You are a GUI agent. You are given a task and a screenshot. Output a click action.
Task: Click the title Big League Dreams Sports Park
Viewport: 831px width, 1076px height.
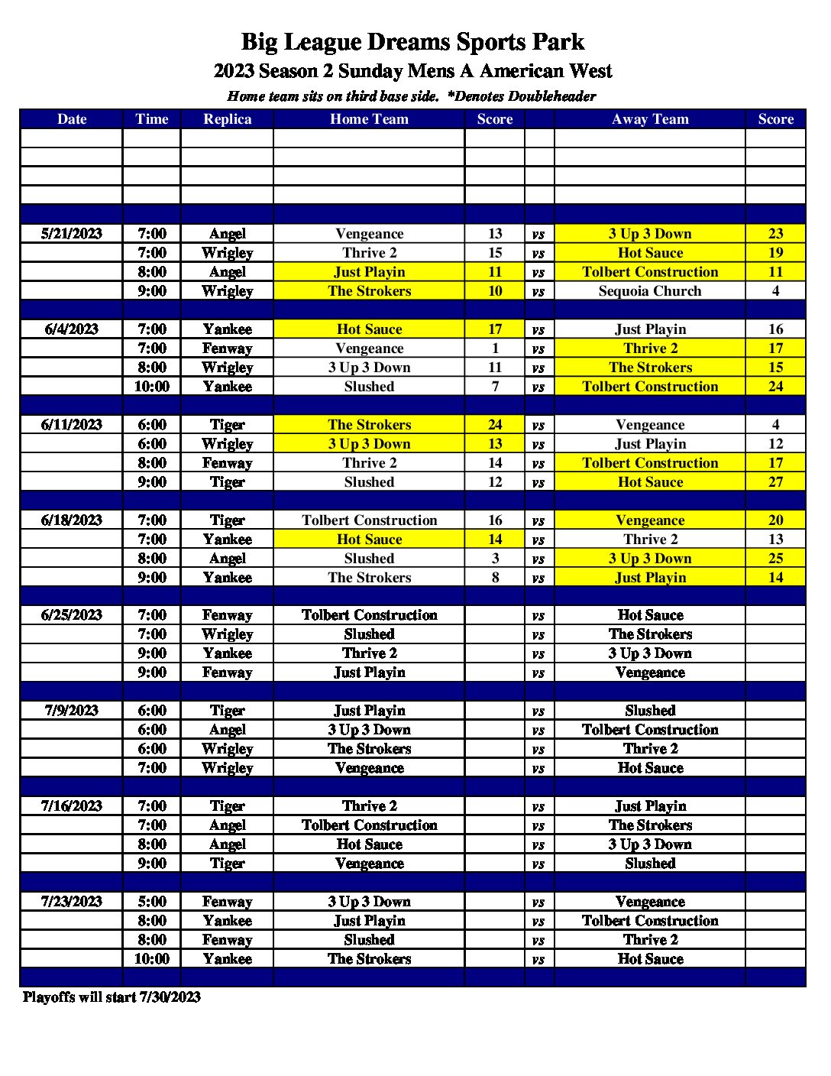click(x=412, y=41)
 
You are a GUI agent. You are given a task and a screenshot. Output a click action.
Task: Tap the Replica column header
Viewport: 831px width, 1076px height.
click(x=227, y=119)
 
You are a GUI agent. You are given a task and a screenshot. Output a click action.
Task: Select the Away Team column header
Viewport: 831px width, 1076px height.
click(x=650, y=119)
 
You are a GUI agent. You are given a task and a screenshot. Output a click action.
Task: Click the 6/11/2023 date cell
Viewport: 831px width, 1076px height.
click(x=72, y=425)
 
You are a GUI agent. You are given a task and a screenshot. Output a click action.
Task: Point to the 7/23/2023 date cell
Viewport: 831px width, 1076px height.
click(x=72, y=902)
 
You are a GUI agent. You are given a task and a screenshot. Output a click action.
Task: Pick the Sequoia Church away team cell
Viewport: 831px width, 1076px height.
click(x=650, y=291)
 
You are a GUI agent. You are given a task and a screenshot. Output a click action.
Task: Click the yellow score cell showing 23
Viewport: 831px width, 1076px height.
click(x=775, y=234)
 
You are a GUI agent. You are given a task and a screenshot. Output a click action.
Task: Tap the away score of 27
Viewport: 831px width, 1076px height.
click(x=775, y=482)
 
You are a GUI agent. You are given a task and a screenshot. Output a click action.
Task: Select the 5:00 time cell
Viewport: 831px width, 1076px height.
click(x=152, y=902)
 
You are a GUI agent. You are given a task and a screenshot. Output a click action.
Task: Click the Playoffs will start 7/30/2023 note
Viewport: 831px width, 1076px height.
click(x=112, y=997)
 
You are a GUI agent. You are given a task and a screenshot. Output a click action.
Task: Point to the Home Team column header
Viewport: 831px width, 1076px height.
click(x=369, y=119)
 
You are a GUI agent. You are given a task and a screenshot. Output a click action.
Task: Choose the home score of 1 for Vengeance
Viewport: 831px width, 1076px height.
click(x=495, y=348)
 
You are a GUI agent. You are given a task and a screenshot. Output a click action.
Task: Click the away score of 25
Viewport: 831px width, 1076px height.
click(x=775, y=559)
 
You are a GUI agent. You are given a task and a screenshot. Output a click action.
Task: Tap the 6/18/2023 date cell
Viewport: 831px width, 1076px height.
click(x=72, y=520)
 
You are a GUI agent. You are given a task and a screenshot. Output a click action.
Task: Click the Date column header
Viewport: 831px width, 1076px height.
click(x=72, y=119)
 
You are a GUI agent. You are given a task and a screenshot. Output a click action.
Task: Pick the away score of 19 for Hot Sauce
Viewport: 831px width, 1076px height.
click(x=775, y=253)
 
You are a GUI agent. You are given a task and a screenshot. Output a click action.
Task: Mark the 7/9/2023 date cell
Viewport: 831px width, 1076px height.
click(x=72, y=711)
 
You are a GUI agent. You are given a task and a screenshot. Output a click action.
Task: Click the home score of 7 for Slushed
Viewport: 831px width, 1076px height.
click(x=495, y=387)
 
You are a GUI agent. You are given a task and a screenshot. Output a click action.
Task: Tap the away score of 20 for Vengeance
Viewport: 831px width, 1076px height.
click(x=775, y=520)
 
